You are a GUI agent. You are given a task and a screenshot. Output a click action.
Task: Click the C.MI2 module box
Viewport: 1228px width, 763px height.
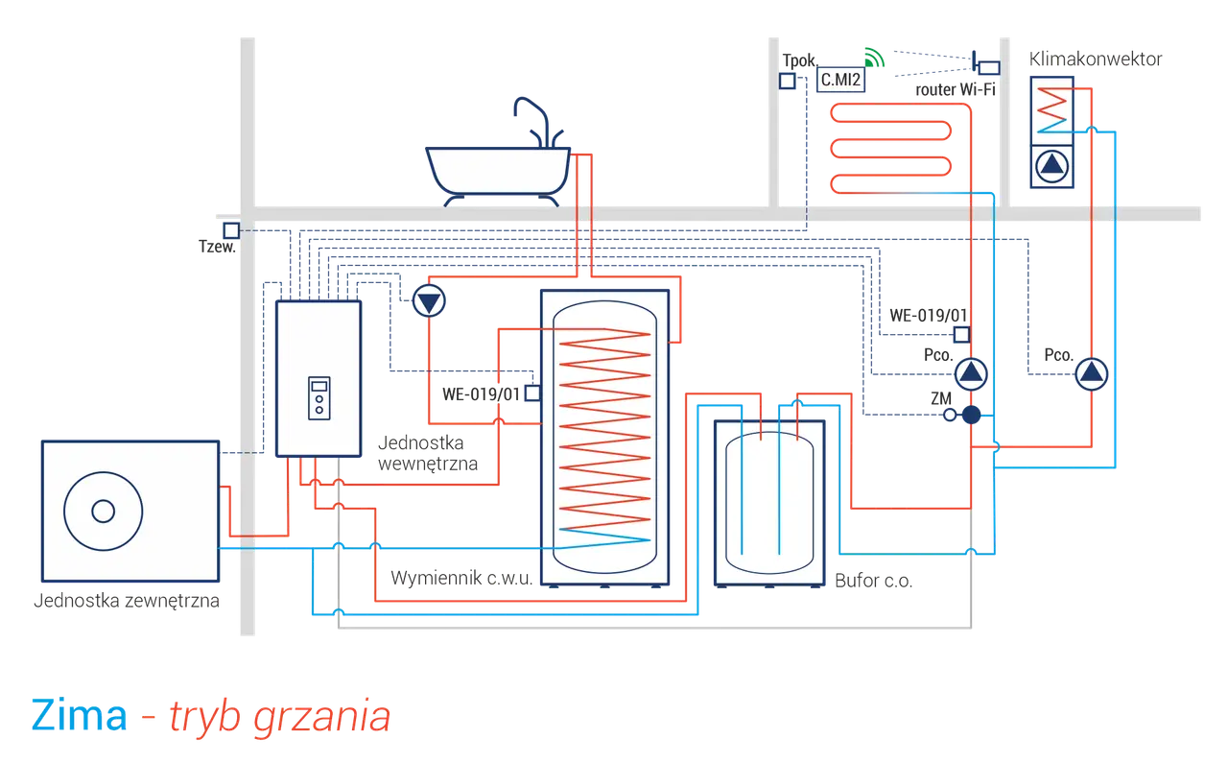(x=840, y=80)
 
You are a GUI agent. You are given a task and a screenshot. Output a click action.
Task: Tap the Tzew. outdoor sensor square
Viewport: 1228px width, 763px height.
(x=231, y=230)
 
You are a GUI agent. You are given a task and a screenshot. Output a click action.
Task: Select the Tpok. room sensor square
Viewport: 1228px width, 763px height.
(x=788, y=82)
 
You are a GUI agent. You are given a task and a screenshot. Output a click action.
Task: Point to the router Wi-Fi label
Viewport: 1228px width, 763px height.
(x=955, y=89)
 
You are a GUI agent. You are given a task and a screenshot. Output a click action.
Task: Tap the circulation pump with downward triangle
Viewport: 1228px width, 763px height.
(x=429, y=300)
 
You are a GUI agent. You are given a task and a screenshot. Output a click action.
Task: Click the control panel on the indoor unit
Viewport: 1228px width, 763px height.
(x=319, y=398)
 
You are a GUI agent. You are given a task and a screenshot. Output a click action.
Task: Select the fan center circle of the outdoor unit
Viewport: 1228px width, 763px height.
(x=103, y=512)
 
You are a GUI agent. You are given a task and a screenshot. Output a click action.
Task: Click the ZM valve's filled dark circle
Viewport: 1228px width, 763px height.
(x=971, y=415)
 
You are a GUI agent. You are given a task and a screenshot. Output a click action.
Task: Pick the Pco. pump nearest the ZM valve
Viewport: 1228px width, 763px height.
(x=971, y=374)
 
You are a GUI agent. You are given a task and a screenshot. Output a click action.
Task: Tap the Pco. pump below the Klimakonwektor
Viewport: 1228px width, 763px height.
(x=1091, y=374)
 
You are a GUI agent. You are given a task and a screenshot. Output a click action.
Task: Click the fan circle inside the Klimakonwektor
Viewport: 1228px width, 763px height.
(x=1051, y=166)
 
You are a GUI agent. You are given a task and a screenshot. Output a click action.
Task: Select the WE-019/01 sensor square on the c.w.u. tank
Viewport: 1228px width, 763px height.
(x=532, y=393)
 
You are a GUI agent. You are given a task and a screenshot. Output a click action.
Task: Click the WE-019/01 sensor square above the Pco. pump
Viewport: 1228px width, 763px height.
(x=961, y=334)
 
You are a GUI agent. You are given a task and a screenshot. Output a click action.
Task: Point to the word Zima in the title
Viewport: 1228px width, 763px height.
(x=79, y=715)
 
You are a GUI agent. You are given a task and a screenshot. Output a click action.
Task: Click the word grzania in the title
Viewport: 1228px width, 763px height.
(x=321, y=718)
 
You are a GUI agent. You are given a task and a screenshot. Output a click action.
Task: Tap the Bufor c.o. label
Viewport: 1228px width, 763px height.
(x=873, y=581)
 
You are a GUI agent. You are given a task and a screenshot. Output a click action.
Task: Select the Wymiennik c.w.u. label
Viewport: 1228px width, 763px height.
(x=461, y=578)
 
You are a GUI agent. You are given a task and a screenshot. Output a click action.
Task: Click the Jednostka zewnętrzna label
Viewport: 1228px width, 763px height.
(x=127, y=601)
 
